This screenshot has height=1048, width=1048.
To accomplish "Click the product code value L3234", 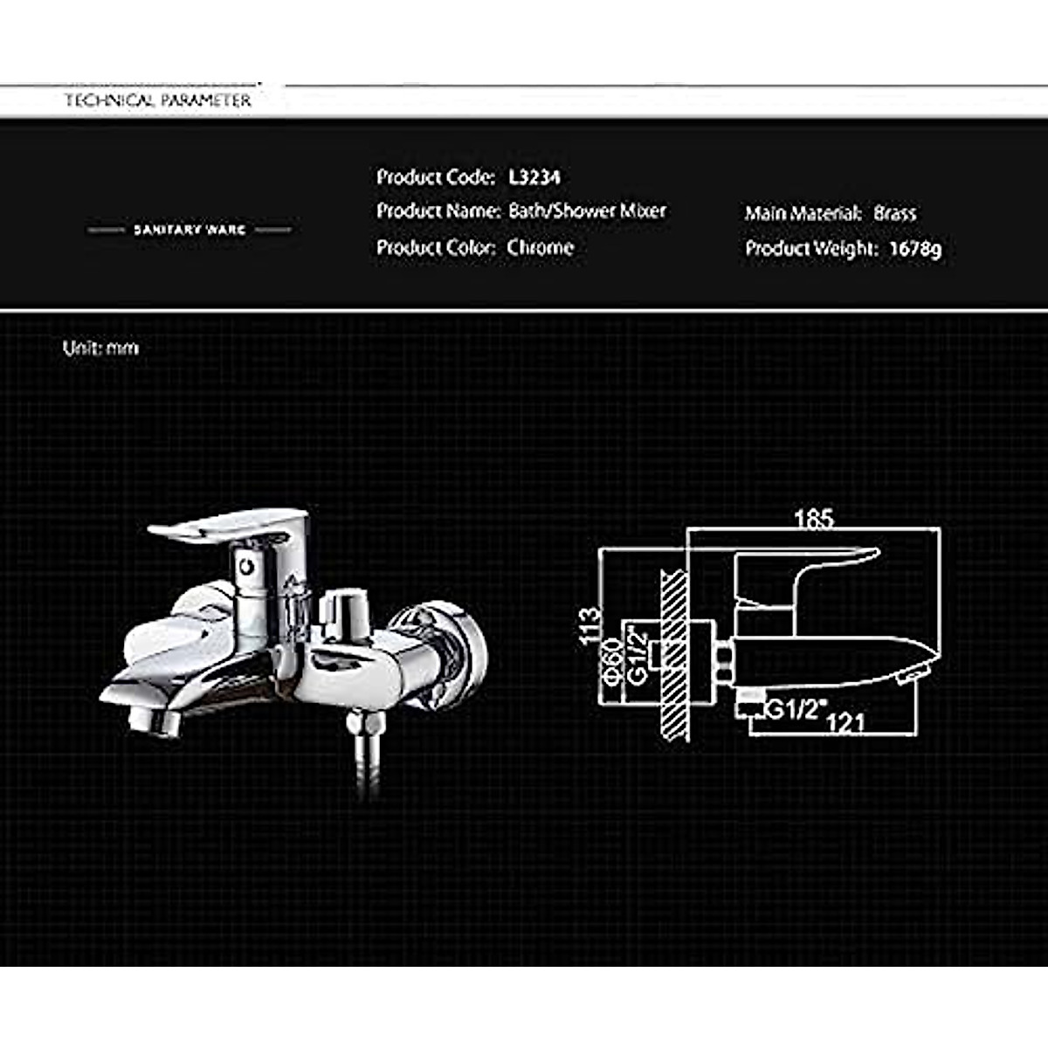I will (x=534, y=177).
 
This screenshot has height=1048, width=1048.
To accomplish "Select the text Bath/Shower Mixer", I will (x=587, y=211).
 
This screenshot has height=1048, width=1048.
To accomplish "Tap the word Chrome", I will (x=541, y=248).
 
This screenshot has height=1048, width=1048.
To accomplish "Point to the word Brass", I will (x=895, y=213).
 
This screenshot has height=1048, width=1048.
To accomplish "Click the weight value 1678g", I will (x=915, y=249).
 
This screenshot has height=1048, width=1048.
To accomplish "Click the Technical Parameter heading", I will (x=158, y=100).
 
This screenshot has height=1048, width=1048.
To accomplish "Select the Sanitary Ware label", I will (x=190, y=230).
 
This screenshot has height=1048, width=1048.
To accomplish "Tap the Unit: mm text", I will (x=100, y=348).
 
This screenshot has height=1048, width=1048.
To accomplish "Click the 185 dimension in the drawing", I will (x=814, y=519).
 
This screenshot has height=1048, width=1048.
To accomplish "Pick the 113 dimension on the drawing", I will (x=590, y=626).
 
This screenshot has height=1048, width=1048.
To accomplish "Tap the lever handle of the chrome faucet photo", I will (x=229, y=526).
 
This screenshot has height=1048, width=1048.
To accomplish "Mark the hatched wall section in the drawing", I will (x=675, y=655).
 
